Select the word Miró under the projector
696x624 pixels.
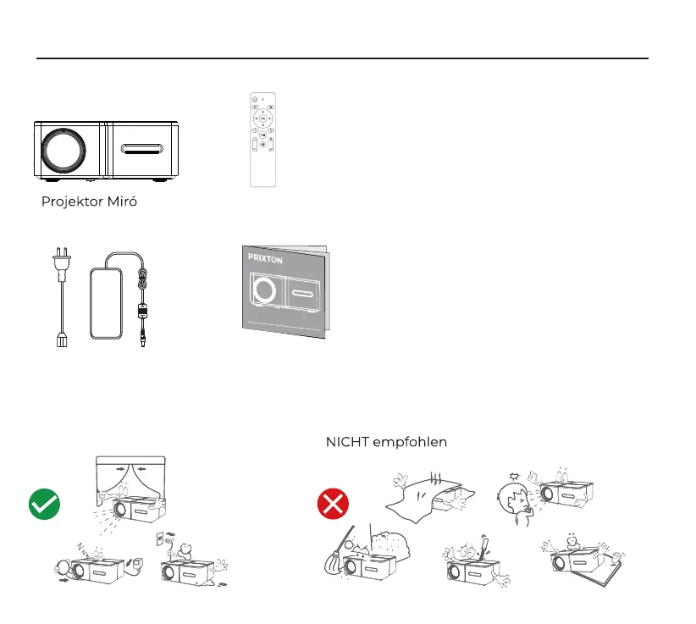(121, 202)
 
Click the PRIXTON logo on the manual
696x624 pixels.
(265, 260)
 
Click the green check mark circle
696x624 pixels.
(44, 505)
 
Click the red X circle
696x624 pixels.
(333, 505)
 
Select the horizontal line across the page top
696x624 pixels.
(342, 58)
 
